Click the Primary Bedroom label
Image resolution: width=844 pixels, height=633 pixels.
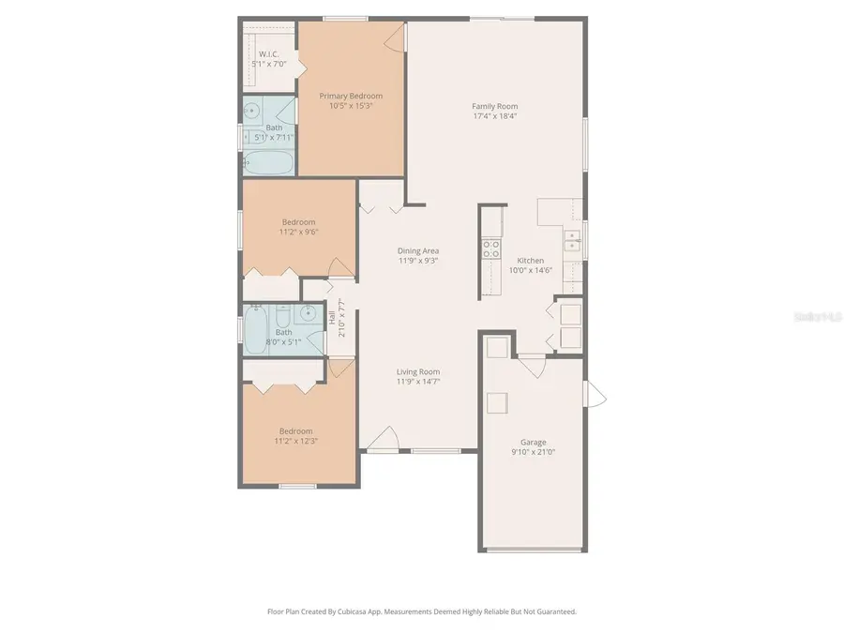coord(350,96)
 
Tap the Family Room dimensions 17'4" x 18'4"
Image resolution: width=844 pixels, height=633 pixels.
coord(494,117)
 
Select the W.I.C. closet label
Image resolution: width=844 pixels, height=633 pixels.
coord(269,54)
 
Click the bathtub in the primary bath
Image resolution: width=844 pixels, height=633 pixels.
coord(269,163)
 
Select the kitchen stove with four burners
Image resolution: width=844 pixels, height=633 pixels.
coord(490,249)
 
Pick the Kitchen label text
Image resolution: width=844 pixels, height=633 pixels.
coord(531,260)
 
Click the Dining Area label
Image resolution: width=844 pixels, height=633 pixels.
coord(418,250)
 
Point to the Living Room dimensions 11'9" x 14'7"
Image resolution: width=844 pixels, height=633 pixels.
coord(418,382)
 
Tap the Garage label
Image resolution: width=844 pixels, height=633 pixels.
coord(534,442)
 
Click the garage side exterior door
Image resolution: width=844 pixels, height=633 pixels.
coord(592,394)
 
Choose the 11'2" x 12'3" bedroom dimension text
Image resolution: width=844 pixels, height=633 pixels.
coord(295,441)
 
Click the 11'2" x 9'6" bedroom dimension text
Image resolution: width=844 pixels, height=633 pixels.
coord(298,232)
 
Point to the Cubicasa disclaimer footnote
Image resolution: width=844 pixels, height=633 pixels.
coord(421,611)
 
